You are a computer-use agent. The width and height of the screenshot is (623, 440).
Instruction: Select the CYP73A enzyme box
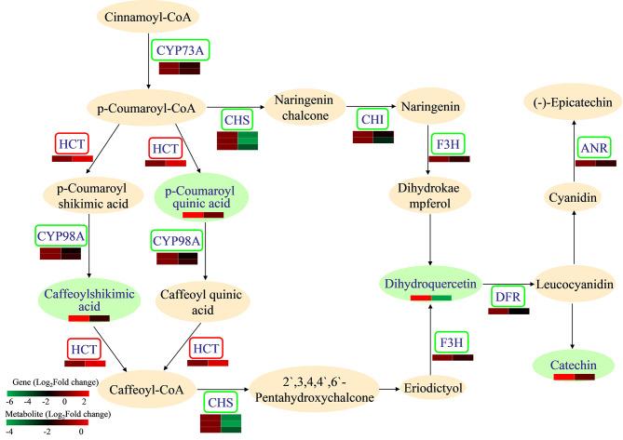pos(179,49)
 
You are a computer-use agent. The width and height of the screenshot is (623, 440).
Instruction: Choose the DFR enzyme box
pos(508,297)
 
